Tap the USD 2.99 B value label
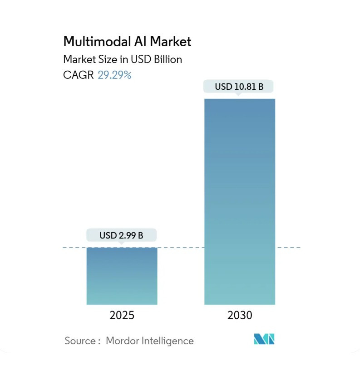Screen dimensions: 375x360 click(121, 235)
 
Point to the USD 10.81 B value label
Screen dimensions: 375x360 click(239, 87)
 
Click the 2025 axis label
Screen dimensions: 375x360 click(122, 315)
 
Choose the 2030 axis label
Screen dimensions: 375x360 click(240, 315)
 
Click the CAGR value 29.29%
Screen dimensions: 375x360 click(114, 75)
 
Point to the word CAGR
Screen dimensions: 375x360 click(79, 75)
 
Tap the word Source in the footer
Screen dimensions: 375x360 click(80, 341)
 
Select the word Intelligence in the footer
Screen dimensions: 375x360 click(168, 341)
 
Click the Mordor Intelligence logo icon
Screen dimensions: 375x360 click(264, 339)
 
